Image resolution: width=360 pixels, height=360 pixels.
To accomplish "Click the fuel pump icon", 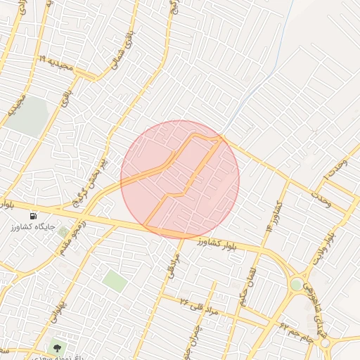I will point(34,216).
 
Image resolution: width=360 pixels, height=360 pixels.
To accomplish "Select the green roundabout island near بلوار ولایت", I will point(297,285).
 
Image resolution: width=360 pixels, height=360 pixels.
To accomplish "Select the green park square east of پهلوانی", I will point(115,281).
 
